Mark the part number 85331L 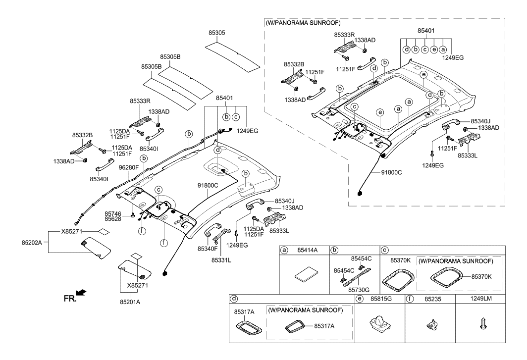click(222, 259)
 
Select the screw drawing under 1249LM click(480, 323)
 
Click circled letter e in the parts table click(360, 299)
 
